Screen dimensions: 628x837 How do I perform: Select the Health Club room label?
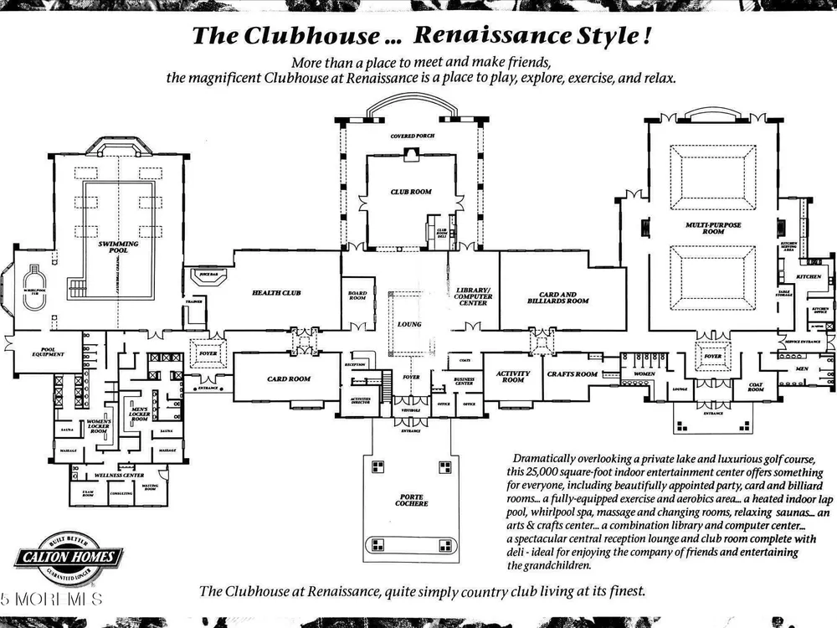tap(275, 293)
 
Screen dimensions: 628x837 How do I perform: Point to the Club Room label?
tap(410, 192)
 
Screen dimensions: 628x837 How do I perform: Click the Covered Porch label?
tap(412, 136)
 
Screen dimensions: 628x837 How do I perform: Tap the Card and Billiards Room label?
tap(558, 297)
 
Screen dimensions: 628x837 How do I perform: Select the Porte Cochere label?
tap(411, 501)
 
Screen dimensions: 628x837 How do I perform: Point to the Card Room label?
tap(289, 378)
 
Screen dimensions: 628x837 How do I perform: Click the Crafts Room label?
tap(573, 374)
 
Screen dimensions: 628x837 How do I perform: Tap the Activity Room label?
tap(513, 377)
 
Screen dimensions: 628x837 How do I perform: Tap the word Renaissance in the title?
tap(476, 36)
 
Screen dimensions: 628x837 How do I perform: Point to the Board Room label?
tap(357, 295)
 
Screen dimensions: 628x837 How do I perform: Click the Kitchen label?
tap(809, 276)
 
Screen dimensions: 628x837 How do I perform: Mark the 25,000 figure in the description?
tap(552, 472)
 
